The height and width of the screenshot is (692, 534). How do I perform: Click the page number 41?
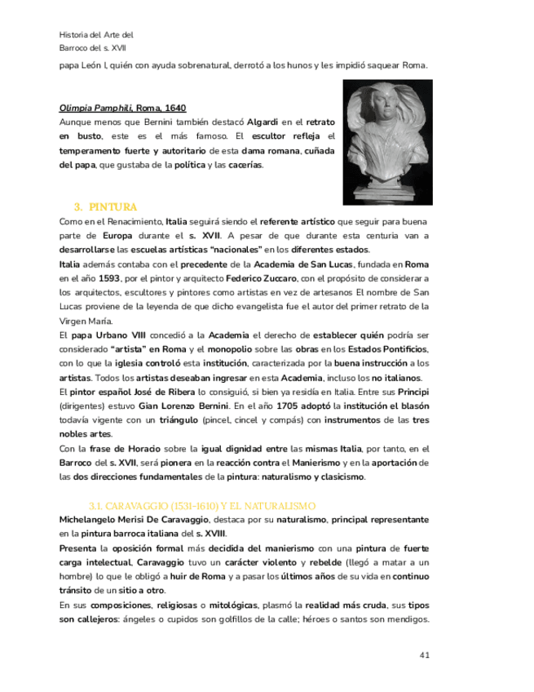click(x=425, y=654)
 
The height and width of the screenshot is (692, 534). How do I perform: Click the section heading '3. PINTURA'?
click(x=105, y=207)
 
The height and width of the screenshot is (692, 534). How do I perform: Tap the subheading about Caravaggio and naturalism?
click(x=202, y=506)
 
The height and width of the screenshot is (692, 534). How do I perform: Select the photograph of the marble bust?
click(x=387, y=142)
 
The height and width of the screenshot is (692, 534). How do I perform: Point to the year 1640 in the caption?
click(x=173, y=108)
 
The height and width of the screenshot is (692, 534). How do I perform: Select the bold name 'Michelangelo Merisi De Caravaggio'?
click(x=135, y=520)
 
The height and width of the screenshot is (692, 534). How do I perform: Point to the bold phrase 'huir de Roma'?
click(x=205, y=576)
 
